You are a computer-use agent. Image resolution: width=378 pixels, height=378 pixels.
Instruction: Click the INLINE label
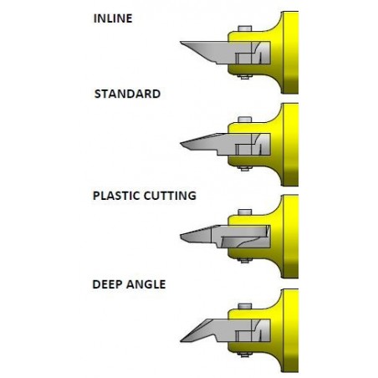(113, 18)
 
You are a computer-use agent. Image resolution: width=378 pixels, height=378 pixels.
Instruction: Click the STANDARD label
(127, 94)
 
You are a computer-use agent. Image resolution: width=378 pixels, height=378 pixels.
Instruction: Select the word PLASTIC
(116, 196)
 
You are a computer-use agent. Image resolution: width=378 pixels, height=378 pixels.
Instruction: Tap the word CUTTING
(170, 196)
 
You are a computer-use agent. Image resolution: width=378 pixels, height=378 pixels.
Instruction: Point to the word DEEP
(107, 284)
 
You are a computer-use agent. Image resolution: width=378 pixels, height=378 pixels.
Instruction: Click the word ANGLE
(146, 284)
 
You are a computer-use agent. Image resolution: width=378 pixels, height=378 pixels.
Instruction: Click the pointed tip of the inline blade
(181, 42)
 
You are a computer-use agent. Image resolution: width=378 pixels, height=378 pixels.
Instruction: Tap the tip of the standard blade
(181, 144)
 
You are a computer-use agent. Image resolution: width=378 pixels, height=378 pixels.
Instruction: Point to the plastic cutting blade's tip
(181, 237)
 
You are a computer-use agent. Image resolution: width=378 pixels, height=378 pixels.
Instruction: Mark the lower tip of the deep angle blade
(181, 341)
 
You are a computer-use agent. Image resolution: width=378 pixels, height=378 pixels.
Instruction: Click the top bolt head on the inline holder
(245, 28)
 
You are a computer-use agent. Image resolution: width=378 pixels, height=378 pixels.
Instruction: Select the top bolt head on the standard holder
(245, 120)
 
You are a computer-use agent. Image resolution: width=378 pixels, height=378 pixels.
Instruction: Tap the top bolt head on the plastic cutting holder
(245, 212)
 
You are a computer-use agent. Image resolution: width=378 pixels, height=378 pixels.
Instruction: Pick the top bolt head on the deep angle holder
(245, 306)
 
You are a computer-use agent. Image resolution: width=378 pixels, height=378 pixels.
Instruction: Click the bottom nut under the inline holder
(245, 76)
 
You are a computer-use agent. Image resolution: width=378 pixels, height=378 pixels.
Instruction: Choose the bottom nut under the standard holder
(245, 168)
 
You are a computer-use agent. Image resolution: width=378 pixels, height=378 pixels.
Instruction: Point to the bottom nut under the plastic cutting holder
(245, 260)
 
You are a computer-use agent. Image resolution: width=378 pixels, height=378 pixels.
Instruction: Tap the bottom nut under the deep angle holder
(245, 355)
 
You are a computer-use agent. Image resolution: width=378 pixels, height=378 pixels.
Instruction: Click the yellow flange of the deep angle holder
(290, 330)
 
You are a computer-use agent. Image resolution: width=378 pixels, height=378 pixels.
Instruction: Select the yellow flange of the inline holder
(290, 53)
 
